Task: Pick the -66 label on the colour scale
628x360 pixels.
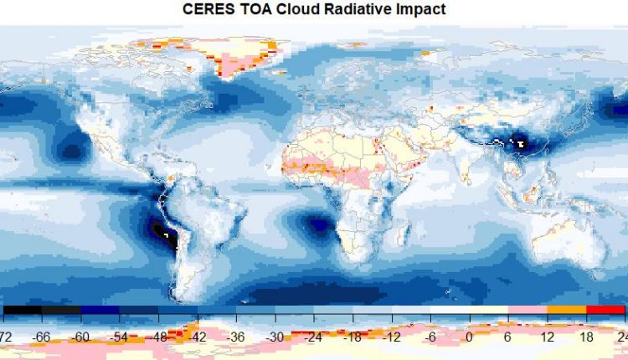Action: coord(43,337)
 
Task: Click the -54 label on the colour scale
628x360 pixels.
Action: coord(120,337)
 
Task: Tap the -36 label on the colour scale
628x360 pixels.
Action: coord(235,337)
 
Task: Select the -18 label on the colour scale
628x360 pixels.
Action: coord(352,337)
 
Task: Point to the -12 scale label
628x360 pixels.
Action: coord(390,337)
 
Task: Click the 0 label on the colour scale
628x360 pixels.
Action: coord(469,337)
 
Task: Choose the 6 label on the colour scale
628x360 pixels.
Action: coord(507,337)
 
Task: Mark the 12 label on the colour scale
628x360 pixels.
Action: coord(547,337)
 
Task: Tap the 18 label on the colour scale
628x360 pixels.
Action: coord(585,337)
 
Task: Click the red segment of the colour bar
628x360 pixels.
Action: coord(605,311)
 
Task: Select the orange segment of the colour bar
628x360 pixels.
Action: coord(567,311)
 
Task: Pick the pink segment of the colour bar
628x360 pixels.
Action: coord(528,311)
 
